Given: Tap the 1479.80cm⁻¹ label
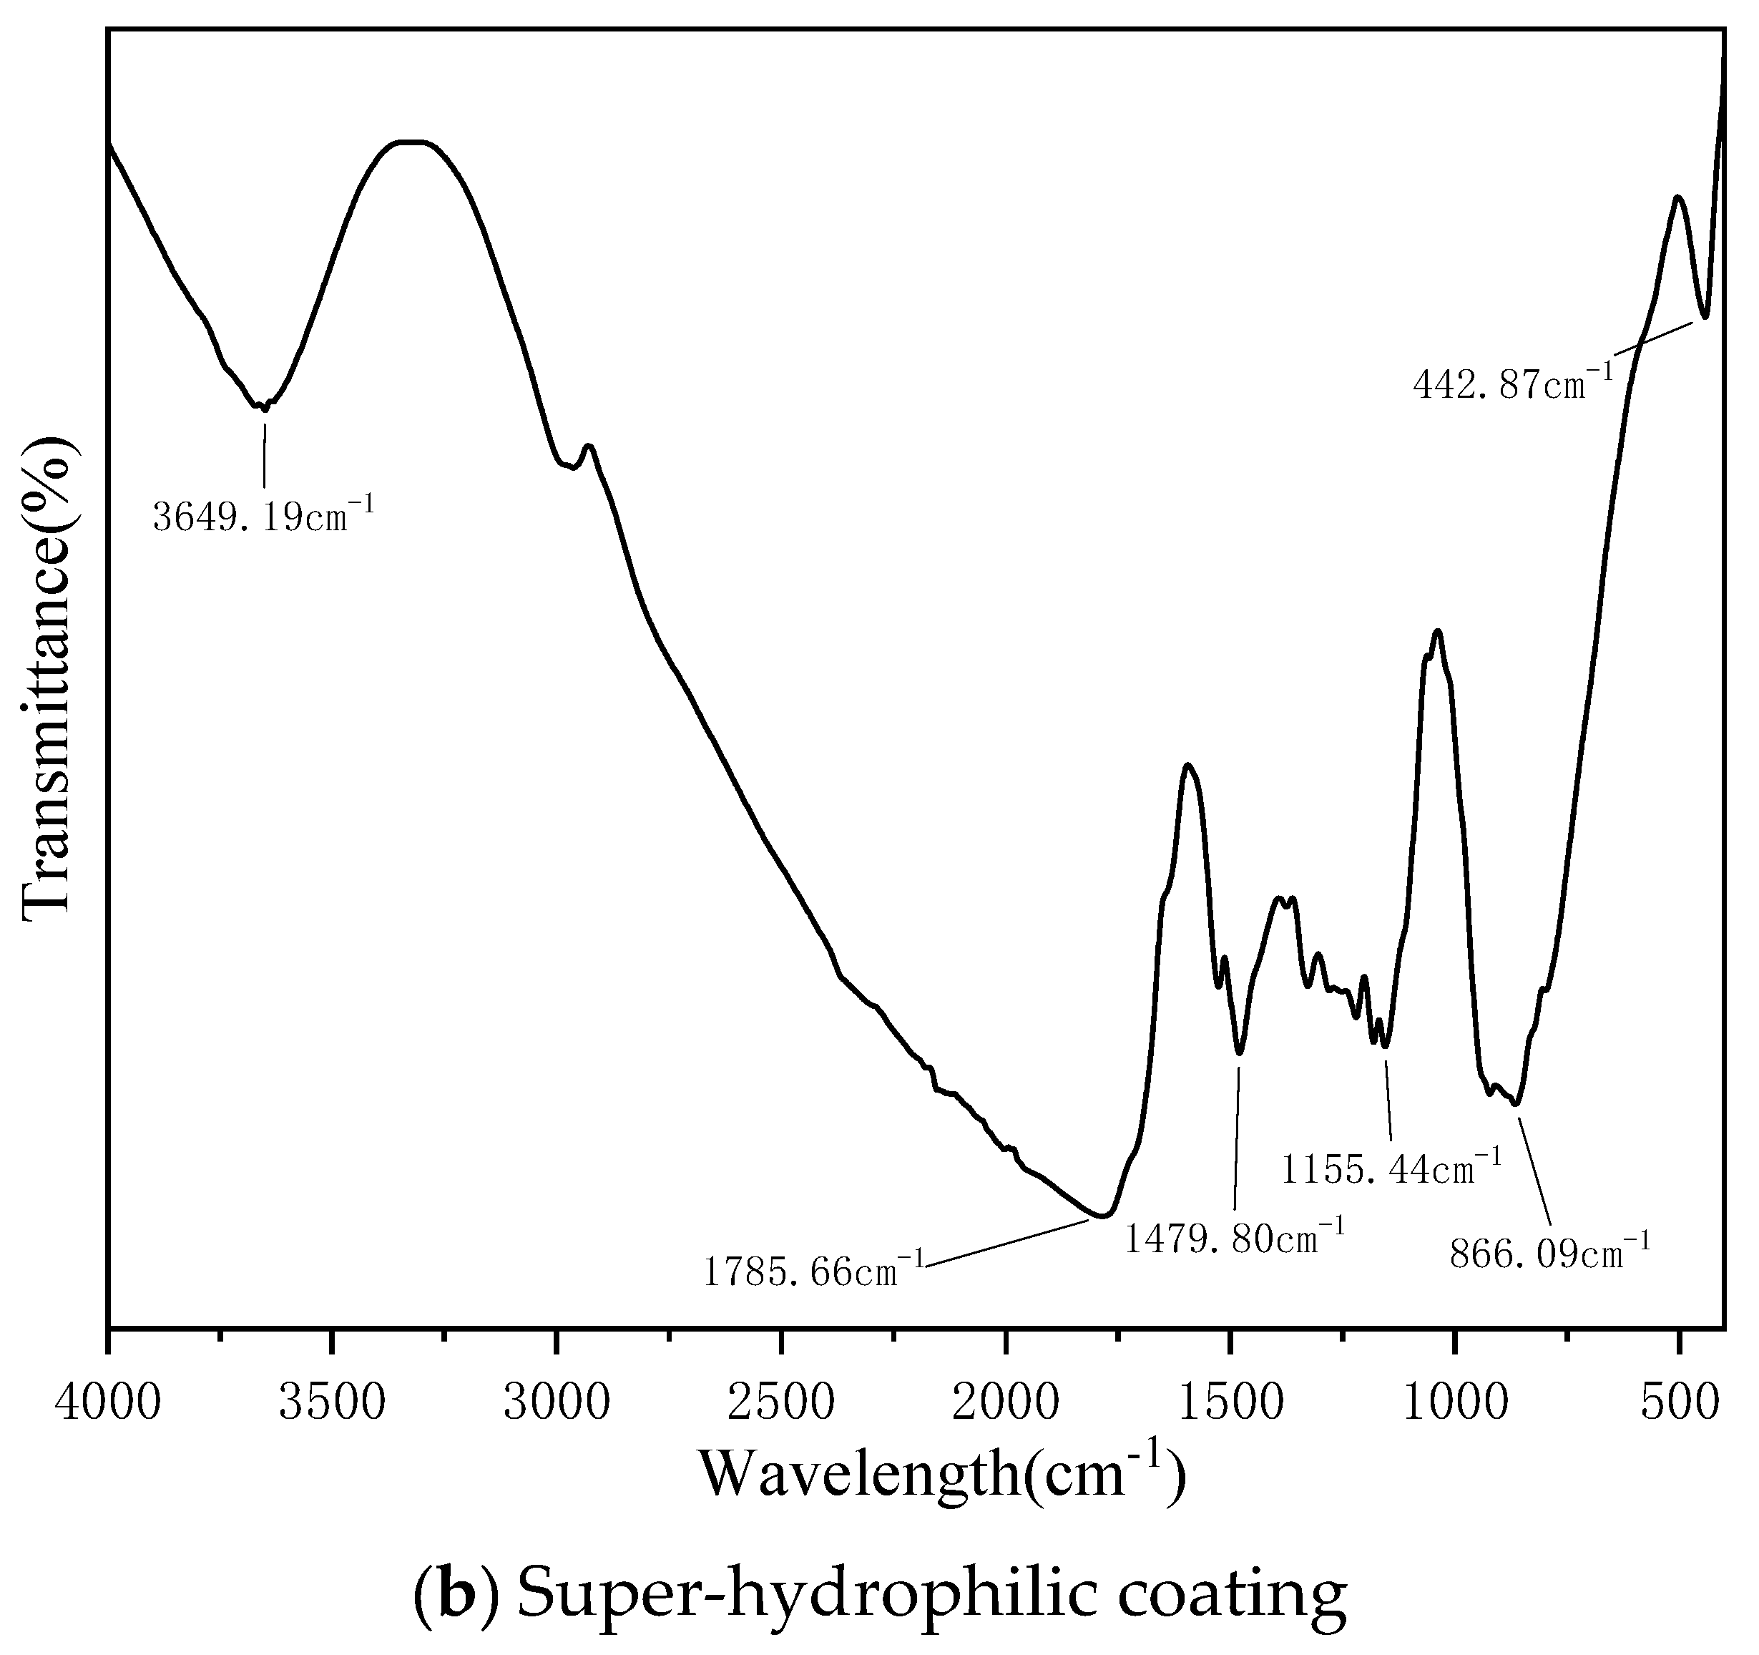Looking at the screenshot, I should pos(1235,1236).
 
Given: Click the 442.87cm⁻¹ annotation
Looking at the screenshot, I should pos(1514,384).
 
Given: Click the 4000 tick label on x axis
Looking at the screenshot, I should pos(108,1402).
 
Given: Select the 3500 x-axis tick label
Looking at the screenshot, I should pos(332,1402).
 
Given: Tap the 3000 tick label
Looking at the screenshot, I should pos(557,1402).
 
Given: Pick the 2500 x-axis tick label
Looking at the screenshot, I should pos(781,1402).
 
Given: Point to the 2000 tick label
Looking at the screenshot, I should pos(1006,1402).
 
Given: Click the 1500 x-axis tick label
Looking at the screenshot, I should pos(1231,1402).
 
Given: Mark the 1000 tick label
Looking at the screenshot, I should pos(1456,1402).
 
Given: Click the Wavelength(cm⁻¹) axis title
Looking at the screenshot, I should pos(942,1475).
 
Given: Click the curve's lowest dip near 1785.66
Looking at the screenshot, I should pos(1102,1216).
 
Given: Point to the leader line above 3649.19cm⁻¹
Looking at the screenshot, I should pos(264,455).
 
